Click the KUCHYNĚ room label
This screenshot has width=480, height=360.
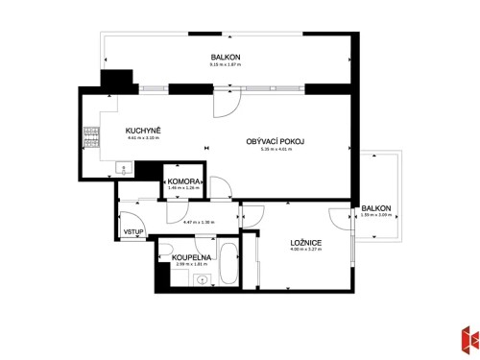pos(143,130)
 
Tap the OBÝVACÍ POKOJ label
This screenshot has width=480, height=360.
pos(276,141)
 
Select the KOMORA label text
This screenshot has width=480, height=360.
pos(183,181)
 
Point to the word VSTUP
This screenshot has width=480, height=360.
pos(133,232)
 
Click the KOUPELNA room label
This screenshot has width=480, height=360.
pos(192,258)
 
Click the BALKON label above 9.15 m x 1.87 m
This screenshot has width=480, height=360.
pos(226,58)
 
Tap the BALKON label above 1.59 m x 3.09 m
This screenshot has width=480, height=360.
pos(376,207)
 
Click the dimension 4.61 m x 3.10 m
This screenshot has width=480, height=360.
pos(143,138)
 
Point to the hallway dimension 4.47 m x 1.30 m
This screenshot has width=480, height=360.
pos(199,223)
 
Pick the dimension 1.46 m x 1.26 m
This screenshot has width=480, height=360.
pos(182,189)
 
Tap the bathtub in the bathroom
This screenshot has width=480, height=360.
pos(228,263)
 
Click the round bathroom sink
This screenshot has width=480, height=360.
pos(200,280)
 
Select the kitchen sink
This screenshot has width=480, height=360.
pos(122,169)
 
